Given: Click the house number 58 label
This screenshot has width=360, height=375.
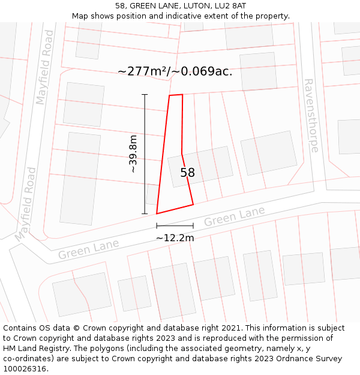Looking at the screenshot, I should (188, 173).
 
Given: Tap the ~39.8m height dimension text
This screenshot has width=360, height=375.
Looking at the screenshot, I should (133, 154).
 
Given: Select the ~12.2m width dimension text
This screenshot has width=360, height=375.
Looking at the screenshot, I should (175, 238).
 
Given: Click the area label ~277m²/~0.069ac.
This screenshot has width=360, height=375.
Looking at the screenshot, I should (175, 71).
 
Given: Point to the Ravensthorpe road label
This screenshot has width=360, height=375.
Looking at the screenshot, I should (310, 115).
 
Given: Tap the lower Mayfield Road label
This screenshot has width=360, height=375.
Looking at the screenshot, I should (26, 204).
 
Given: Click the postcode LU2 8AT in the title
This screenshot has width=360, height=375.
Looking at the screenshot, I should (230, 5).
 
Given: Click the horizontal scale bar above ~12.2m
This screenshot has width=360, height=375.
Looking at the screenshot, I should (175, 226).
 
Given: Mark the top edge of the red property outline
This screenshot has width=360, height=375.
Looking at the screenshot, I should (176, 95).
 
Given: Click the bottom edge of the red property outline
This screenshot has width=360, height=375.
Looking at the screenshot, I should (175, 209).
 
